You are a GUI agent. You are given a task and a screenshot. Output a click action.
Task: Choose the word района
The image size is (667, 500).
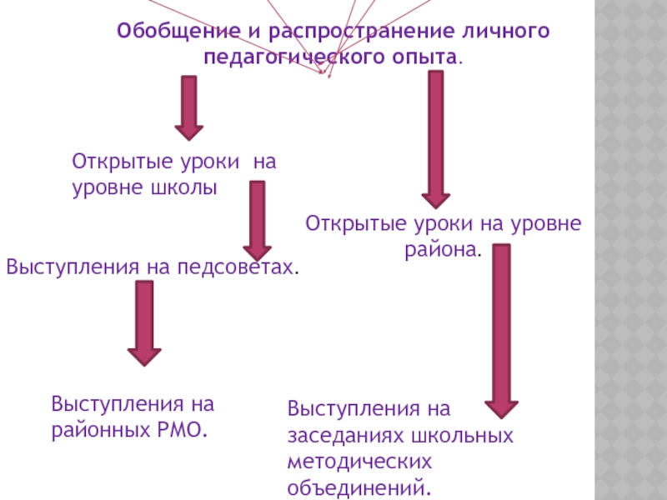pos(442,249)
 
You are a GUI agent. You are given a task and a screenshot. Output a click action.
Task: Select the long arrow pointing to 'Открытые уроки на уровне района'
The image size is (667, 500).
pos(435,137)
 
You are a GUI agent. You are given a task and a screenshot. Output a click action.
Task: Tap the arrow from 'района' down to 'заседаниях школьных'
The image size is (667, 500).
pos(502,329)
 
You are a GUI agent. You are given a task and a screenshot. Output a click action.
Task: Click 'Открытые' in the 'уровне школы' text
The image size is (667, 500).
pos(113,161)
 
